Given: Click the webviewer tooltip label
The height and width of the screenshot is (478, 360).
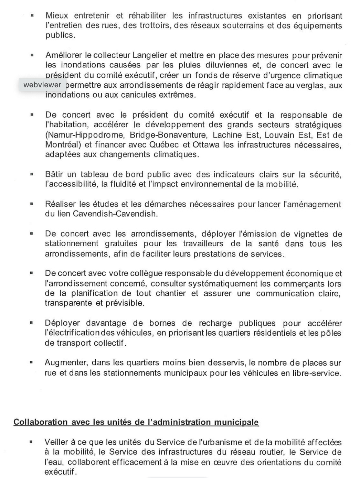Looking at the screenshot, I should pos(42,85).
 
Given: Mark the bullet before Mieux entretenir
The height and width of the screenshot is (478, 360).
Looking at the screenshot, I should pos(32,15).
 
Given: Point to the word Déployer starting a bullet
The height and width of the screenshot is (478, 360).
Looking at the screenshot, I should pos(62,323).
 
